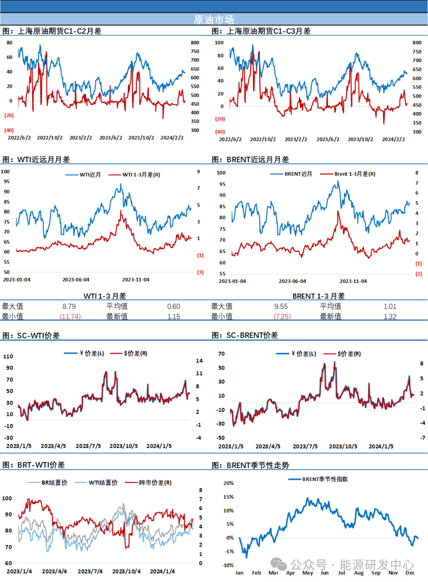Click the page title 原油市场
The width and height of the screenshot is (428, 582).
[214, 19]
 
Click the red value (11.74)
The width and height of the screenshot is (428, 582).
[70, 316]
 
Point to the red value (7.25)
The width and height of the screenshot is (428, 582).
[283, 316]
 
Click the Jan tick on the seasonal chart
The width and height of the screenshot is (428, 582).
[239, 572]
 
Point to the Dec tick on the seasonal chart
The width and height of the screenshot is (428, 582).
[410, 572]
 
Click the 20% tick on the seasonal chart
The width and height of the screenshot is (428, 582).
[229, 483]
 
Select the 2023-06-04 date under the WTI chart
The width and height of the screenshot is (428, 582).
[76, 280]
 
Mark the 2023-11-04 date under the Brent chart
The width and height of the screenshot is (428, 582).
[353, 281]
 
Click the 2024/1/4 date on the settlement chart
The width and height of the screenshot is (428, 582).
[162, 571]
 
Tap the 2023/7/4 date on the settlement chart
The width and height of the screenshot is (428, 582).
[90, 571]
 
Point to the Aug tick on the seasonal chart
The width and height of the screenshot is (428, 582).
[359, 572]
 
